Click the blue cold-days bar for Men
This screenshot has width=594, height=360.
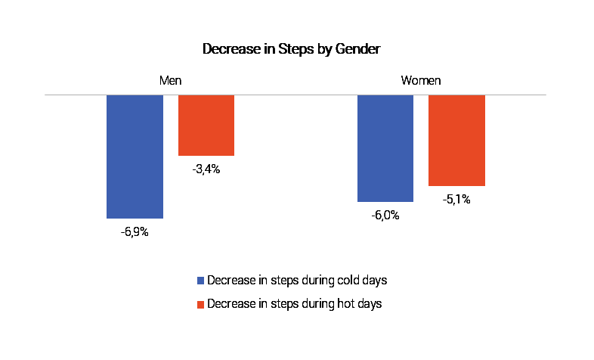click(135, 157)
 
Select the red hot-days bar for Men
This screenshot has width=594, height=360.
click(206, 125)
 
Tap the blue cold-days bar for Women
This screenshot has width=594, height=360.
click(385, 148)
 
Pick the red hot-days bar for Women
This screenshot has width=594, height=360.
click(457, 140)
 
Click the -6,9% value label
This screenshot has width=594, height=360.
click(135, 232)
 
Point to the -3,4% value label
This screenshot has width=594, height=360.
click(206, 169)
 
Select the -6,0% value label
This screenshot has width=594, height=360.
click(385, 216)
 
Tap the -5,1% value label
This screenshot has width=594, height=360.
click(456, 200)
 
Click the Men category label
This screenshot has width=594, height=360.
click(171, 80)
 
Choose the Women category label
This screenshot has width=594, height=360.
click(421, 80)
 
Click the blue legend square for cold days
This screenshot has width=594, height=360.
click(200, 281)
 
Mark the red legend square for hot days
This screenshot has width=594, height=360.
click(200, 304)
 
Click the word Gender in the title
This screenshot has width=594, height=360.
click(357, 49)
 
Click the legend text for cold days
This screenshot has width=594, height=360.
click(297, 281)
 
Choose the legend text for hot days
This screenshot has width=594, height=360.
click(294, 304)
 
